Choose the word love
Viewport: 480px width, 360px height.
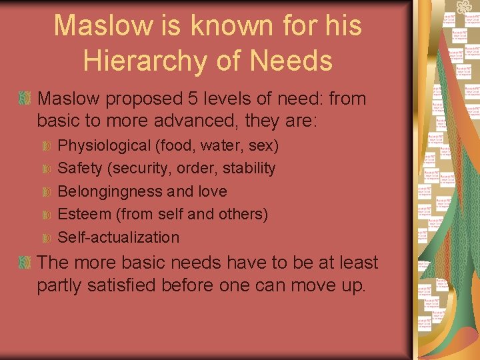click(x=213, y=191)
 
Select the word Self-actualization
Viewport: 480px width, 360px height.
click(x=119, y=237)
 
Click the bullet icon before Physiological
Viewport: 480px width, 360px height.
click(x=46, y=146)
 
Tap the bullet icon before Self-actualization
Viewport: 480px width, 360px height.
click(x=46, y=238)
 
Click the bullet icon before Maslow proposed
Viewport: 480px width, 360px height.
click(x=25, y=99)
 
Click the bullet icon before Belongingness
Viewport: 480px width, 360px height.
click(x=46, y=192)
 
